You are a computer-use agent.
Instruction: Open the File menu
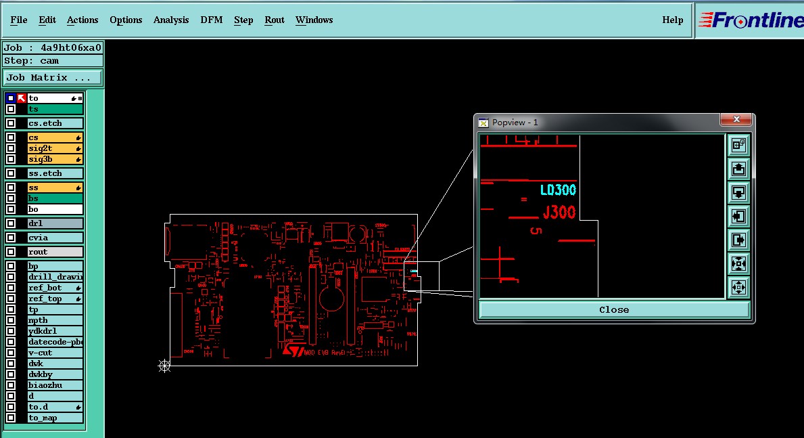pos(19,20)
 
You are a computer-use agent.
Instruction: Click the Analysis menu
pos(171,20)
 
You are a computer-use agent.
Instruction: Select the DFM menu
pos(212,20)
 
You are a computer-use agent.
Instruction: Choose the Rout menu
pos(275,20)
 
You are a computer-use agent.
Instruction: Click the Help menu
pos(672,20)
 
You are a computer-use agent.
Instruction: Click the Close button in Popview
pos(614,309)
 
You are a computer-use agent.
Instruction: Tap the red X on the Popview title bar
pos(736,120)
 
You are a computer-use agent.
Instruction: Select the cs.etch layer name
pos(55,123)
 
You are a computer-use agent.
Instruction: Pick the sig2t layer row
pos(55,148)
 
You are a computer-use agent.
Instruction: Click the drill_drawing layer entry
pos(55,277)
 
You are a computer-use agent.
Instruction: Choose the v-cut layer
pos(55,353)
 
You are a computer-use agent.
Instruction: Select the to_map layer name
pos(55,418)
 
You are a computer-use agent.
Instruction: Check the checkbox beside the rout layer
pos(11,252)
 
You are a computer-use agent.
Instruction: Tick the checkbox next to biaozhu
pos(11,385)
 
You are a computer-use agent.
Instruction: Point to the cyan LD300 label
pos(558,190)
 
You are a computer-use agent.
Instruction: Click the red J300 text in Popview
pos(559,213)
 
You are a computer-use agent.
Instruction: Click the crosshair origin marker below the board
pos(164,366)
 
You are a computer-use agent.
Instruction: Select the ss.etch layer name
pos(55,173)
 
